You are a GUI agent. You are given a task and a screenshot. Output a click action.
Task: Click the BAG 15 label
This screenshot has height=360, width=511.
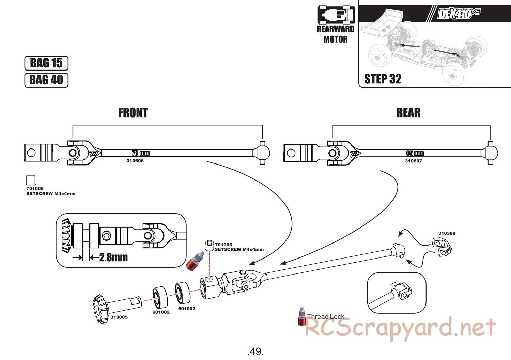point(46,63)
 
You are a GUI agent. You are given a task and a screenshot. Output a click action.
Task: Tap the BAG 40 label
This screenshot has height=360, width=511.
point(46,80)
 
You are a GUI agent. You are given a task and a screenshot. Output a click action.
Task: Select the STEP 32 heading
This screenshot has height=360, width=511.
point(383,79)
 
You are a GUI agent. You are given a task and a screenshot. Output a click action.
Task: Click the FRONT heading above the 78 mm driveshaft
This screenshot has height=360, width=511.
point(133,113)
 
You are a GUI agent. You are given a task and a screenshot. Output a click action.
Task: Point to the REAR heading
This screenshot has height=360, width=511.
point(408,113)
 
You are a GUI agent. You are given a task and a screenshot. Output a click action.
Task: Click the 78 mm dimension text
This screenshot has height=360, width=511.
point(141,153)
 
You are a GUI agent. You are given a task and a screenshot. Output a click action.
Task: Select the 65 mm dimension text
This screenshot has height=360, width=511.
point(415,153)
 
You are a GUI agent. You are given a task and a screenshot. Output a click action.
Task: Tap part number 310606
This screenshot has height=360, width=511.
point(135,161)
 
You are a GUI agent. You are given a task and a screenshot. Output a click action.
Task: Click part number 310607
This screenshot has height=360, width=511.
point(413,161)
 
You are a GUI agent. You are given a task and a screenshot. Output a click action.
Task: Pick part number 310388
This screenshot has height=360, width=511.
point(447,233)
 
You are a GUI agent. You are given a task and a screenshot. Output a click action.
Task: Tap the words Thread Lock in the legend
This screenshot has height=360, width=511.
point(326,316)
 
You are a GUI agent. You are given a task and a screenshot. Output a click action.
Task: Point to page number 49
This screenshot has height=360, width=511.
point(255,351)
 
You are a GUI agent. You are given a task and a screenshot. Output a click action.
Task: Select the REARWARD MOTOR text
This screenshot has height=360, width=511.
point(336,34)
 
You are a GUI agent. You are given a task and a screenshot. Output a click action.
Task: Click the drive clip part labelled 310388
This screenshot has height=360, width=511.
point(442,247)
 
